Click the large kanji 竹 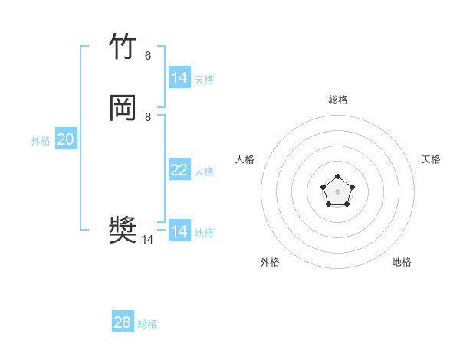point(123,47)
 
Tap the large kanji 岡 point(123,108)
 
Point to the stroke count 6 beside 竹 point(148,55)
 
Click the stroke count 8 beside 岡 point(148,116)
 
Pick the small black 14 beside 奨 point(147,240)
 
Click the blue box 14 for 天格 point(179,78)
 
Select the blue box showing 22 point(179,170)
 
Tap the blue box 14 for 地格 point(179,231)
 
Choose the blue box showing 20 point(66,139)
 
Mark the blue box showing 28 point(123,322)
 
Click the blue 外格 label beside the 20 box point(41,141)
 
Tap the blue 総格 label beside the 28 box point(147,324)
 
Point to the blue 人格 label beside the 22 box point(204,172)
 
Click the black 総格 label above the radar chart point(338,100)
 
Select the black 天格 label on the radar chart point(431,159)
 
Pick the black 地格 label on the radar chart point(402,262)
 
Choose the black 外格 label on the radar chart point(270,262)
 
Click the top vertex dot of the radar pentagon point(338,176)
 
